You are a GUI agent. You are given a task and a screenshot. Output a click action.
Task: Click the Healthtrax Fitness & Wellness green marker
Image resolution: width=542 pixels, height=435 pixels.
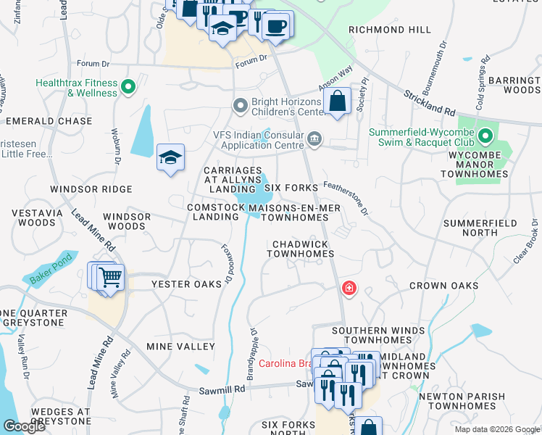128,88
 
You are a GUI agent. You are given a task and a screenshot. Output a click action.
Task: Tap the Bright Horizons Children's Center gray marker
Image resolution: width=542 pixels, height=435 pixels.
241,107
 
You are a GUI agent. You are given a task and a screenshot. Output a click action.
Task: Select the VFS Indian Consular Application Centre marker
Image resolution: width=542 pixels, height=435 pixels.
314,138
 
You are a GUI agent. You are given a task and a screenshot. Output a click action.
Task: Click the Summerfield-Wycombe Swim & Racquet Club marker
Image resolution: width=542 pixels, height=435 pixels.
485,136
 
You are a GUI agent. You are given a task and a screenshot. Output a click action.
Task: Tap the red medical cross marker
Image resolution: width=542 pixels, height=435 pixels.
349,289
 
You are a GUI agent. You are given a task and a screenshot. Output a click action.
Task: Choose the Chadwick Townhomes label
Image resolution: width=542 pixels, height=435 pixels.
300,249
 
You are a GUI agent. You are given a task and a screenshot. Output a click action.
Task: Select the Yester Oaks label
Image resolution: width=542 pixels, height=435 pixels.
185,284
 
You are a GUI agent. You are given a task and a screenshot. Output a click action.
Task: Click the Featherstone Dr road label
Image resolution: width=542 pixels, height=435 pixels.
347,198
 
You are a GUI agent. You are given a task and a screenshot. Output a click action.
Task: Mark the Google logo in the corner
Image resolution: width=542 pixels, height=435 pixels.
25,426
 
